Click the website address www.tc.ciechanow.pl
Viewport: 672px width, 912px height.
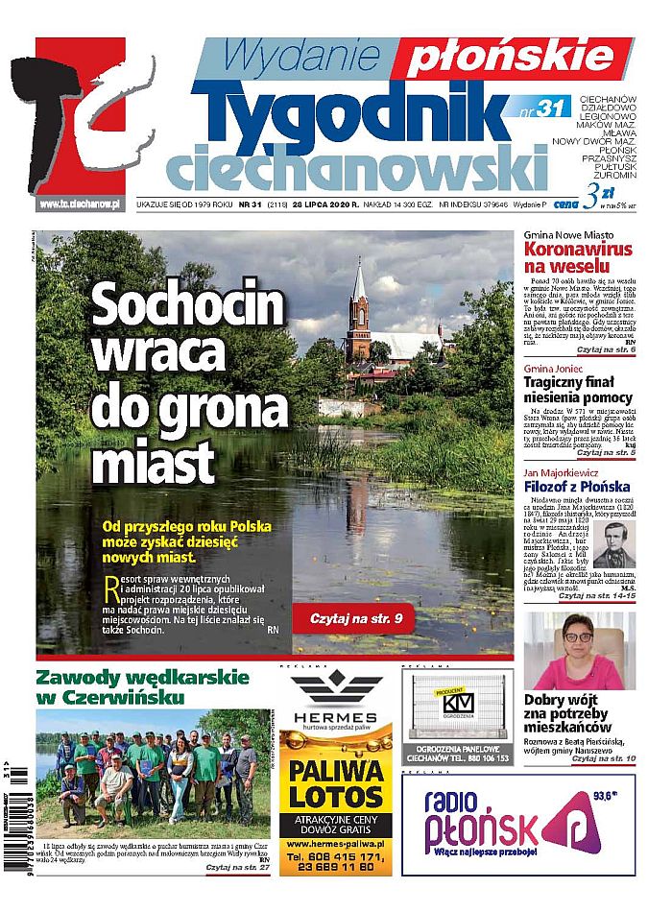tap(79, 204)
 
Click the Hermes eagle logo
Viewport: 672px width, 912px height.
tap(336, 689)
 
